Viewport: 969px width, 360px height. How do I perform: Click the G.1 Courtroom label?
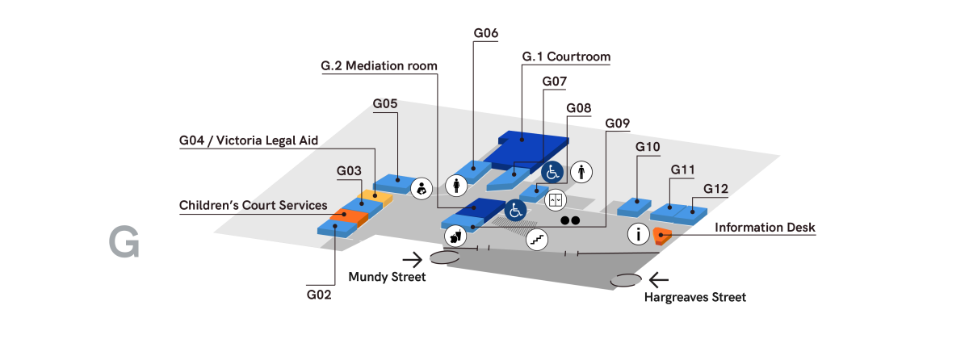coord(566,57)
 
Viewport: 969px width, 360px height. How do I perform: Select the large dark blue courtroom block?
coord(529,147)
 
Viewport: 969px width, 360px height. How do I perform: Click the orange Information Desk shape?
coord(661,235)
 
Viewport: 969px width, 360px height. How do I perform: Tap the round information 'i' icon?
coord(639,235)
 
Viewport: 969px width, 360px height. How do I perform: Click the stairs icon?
coord(538,239)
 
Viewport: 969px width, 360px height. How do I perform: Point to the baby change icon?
coord(421,189)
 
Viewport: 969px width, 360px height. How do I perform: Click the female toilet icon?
coord(456,186)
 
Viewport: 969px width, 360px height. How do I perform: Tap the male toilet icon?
coord(582,171)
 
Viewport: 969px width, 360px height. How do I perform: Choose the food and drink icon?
coord(455,236)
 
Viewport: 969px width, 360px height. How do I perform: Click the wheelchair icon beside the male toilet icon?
coord(552,171)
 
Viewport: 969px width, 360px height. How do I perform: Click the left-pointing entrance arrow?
coord(659,281)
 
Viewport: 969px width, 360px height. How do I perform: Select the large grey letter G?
coord(124,244)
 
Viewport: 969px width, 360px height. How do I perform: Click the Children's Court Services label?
coord(253,205)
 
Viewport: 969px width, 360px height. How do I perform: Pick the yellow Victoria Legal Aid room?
coord(376,195)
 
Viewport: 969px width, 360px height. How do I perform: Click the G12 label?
coord(715,189)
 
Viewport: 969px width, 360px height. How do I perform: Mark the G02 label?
coord(319,295)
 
